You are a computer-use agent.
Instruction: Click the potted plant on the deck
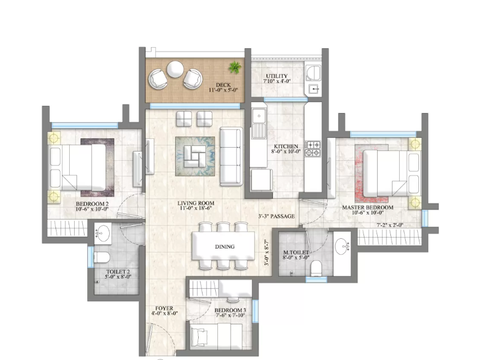click(235, 67)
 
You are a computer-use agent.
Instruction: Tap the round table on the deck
click(175, 69)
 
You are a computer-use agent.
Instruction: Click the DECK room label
click(223, 85)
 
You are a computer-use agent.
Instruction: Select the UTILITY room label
click(277, 76)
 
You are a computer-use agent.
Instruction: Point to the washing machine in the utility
click(313, 73)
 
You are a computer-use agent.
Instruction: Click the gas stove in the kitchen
click(313, 149)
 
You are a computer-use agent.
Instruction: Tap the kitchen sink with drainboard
click(259, 123)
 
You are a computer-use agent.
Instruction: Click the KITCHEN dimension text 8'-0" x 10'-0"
click(286, 151)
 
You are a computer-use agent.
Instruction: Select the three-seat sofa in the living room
click(232, 156)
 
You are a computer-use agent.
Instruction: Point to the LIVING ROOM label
click(195, 204)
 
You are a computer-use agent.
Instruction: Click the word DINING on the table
click(225, 247)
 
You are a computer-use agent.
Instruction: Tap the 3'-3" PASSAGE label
click(277, 216)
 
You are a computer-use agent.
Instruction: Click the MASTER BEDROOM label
click(367, 207)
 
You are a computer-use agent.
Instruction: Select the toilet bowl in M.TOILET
click(315, 268)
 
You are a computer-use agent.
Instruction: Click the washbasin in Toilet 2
click(103, 233)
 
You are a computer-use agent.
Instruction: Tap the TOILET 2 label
click(118, 272)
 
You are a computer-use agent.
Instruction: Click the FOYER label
click(164, 308)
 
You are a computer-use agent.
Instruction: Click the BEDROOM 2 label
click(92, 204)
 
